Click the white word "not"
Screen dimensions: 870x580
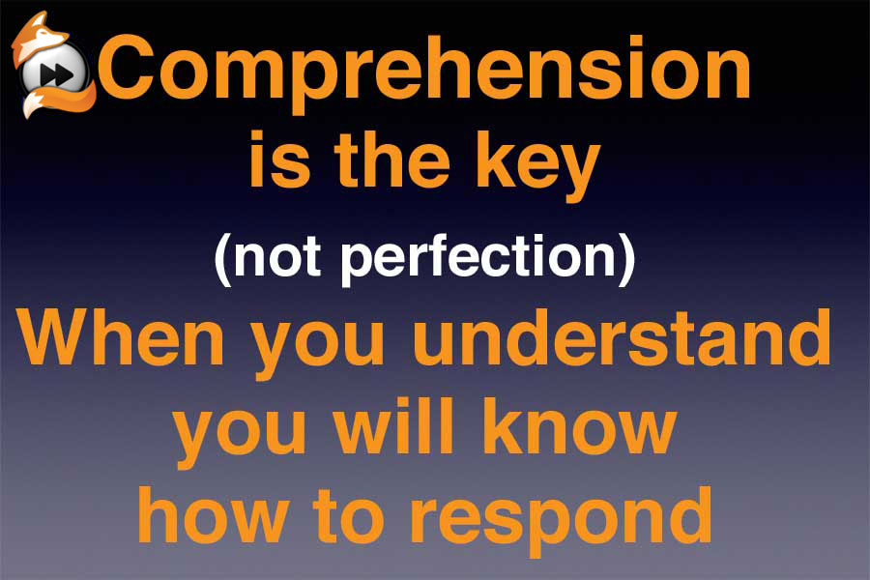tap(277, 255)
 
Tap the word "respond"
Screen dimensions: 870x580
tap(561, 522)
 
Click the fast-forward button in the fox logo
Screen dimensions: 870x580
tap(53, 72)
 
